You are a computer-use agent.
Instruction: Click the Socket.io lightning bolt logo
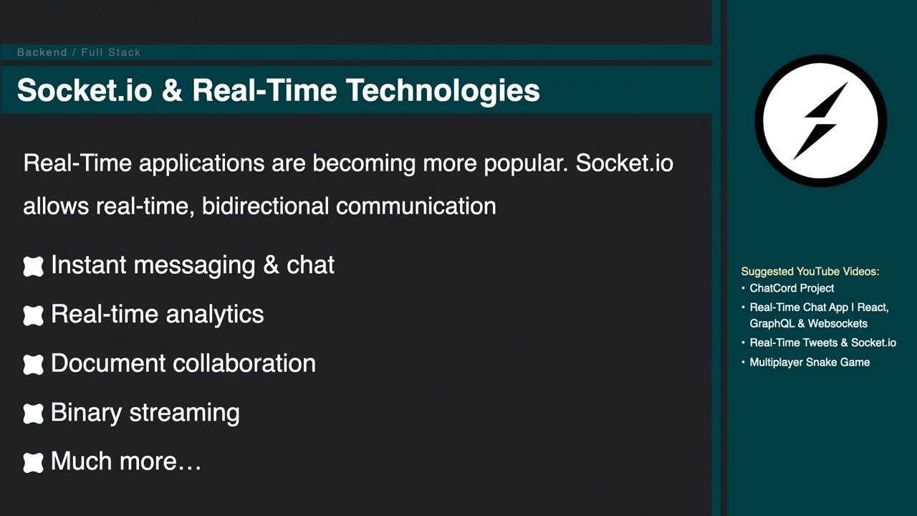point(821,121)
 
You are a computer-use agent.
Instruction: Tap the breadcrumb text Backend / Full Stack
point(79,52)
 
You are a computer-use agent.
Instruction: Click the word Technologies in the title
point(443,90)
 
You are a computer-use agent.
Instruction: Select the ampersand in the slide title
point(172,90)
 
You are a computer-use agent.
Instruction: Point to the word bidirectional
point(265,206)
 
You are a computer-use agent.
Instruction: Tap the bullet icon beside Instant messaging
point(33,267)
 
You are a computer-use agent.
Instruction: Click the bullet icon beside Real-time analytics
point(33,316)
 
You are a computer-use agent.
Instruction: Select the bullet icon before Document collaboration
point(33,365)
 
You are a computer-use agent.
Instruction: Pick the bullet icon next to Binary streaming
point(33,414)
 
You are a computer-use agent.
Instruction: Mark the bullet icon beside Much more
point(33,463)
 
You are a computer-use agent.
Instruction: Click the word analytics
point(215,315)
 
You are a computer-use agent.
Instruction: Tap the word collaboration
point(244,363)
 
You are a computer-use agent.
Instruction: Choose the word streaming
point(185,414)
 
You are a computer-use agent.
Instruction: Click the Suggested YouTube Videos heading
point(810,272)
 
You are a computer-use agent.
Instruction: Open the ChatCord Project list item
point(792,288)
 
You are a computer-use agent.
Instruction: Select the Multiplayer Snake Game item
point(810,363)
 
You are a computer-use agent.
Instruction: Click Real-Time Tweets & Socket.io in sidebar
point(823,343)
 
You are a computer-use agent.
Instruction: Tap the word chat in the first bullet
point(310,265)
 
